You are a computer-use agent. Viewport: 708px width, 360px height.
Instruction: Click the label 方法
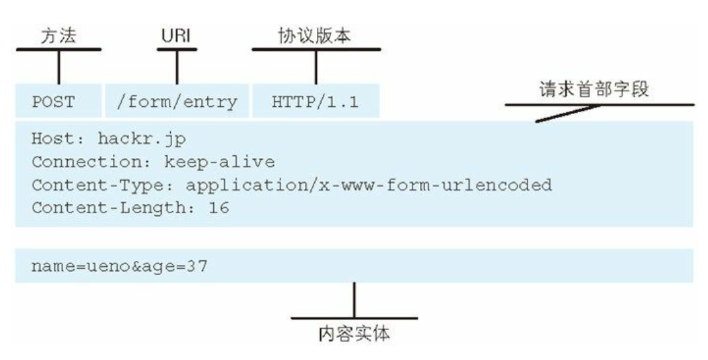(58, 36)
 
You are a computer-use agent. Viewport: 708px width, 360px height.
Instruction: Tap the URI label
(177, 36)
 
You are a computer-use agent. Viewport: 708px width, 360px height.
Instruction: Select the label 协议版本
(316, 36)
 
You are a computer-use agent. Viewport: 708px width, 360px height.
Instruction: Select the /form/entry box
(177, 102)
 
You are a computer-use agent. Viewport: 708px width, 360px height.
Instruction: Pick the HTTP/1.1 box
(316, 102)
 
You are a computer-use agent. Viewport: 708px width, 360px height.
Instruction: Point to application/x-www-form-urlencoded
(369, 185)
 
